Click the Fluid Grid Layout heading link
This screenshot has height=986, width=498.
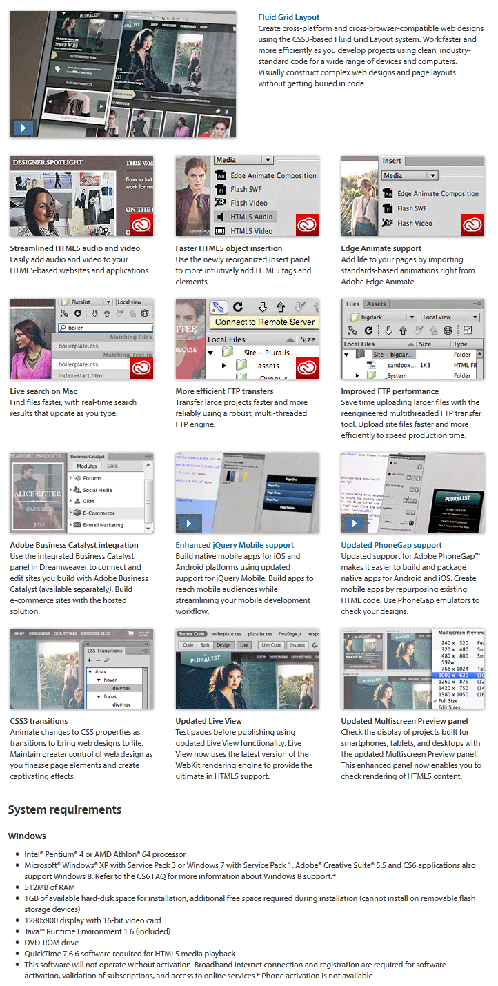click(288, 17)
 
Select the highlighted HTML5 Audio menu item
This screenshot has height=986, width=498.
click(251, 217)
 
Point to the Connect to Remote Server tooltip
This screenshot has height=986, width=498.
click(264, 322)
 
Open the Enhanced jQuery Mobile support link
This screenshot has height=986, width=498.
click(235, 545)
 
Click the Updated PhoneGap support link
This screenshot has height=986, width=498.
click(390, 545)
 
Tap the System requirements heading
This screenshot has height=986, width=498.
click(65, 809)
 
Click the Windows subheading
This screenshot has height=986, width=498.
click(27, 836)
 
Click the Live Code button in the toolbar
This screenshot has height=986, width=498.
click(271, 645)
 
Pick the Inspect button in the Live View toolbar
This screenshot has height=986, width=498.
click(298, 645)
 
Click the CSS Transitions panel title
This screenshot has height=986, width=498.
click(105, 651)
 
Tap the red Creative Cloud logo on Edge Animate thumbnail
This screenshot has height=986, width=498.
click(472, 225)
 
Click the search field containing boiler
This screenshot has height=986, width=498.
click(103, 328)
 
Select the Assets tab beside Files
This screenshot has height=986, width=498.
click(376, 304)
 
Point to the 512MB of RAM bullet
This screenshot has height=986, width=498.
click(50, 887)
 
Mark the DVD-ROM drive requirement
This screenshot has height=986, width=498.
click(52, 942)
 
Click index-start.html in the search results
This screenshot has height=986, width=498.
click(81, 375)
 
